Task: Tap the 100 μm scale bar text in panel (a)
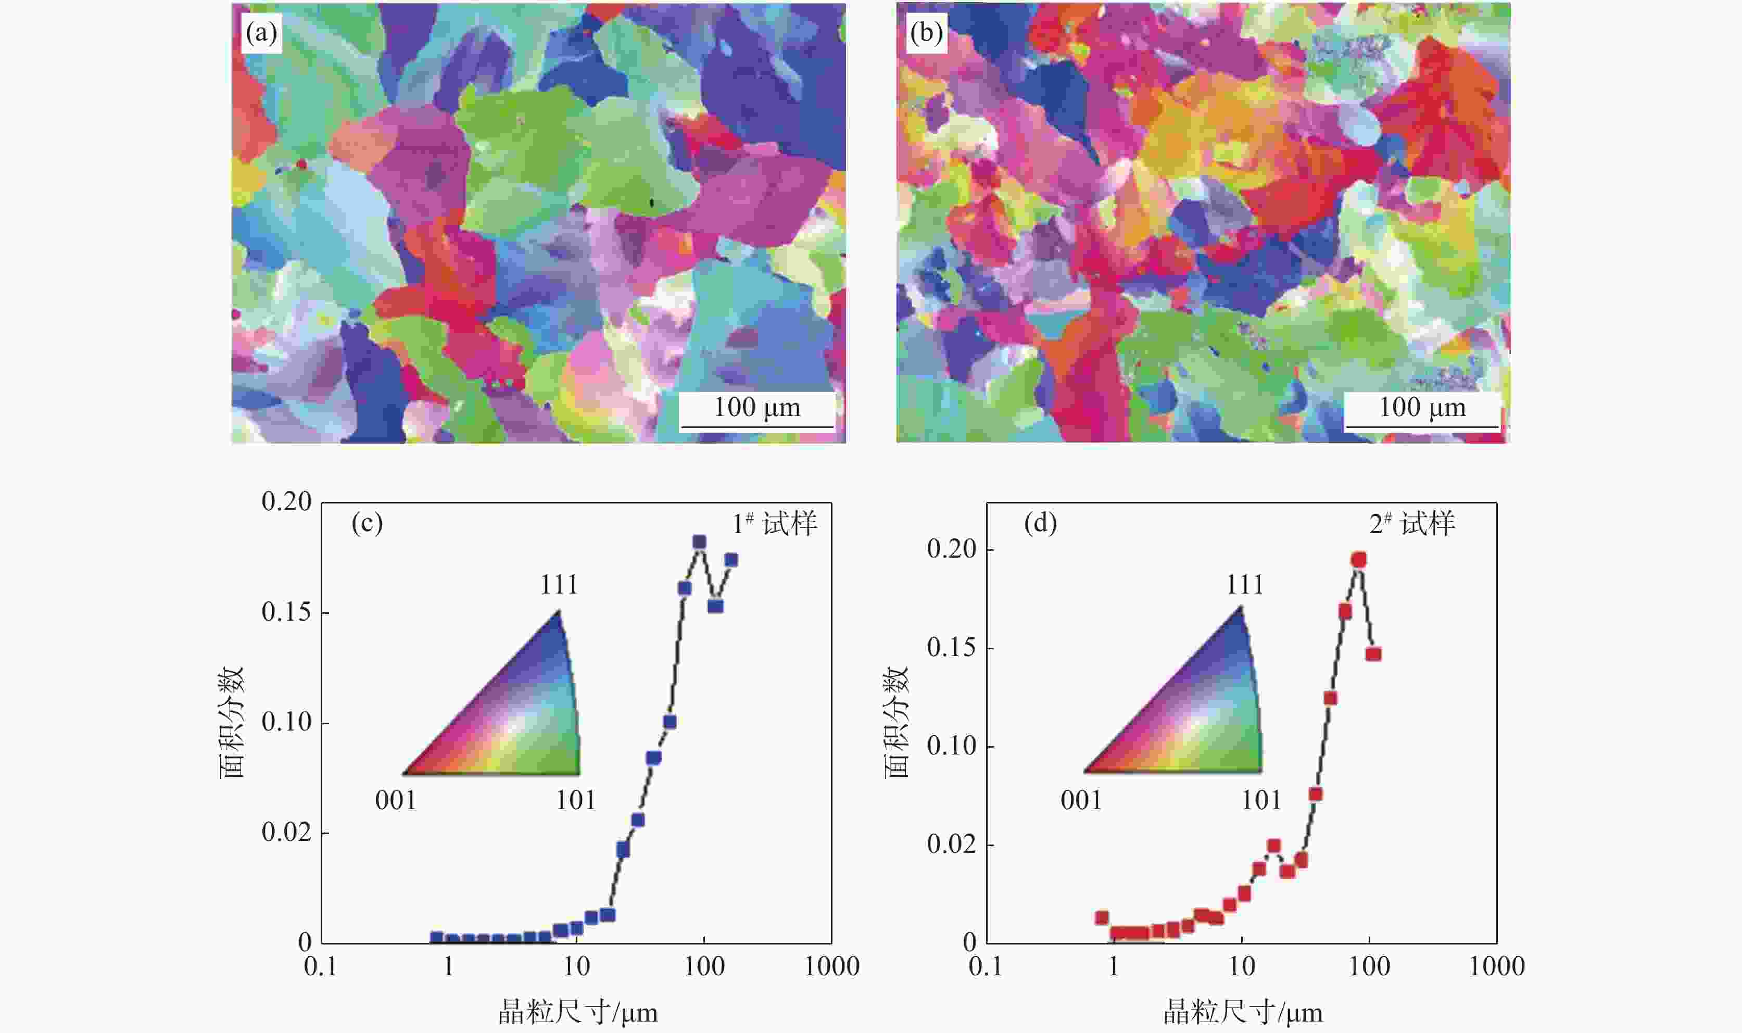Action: coord(757,407)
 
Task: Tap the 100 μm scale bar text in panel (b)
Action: coord(1422,407)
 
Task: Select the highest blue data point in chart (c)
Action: coord(699,542)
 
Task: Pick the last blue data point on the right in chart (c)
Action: coord(731,560)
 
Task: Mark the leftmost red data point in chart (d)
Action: coord(1102,917)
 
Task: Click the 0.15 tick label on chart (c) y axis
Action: coord(286,612)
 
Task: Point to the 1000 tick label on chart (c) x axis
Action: coord(831,966)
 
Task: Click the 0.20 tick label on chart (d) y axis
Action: coord(951,549)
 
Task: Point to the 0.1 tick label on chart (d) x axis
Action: coord(986,966)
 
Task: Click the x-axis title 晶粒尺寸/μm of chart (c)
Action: coord(578,1012)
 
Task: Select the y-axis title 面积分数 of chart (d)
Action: coord(898,722)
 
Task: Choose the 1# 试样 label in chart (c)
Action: coord(775,523)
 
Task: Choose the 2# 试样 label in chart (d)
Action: coord(1412,523)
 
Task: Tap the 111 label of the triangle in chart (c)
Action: coord(559,585)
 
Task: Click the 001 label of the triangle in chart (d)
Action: coord(1081,800)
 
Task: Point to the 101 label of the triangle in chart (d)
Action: coord(1261,800)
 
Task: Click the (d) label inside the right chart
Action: coord(1041,523)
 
